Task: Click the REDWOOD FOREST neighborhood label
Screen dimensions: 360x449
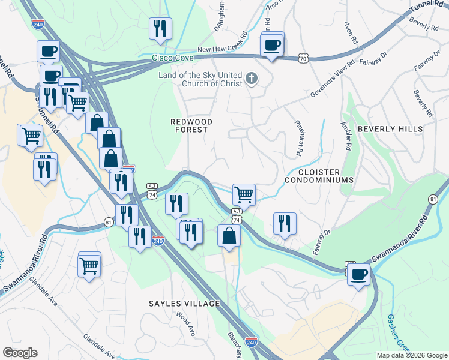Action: (x=189, y=125)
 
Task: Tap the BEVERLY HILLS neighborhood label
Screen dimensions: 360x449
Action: (x=390, y=129)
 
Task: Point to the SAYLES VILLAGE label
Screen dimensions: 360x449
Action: (x=184, y=304)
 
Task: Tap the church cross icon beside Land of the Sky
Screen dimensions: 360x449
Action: (x=251, y=77)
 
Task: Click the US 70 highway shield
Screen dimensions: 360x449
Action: (x=303, y=58)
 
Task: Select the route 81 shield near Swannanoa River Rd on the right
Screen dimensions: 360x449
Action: (x=433, y=199)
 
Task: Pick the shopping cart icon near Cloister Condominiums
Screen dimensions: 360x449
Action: (x=244, y=194)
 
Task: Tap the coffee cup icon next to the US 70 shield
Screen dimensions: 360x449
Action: (x=272, y=45)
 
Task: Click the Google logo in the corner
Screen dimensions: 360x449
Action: (x=20, y=353)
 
